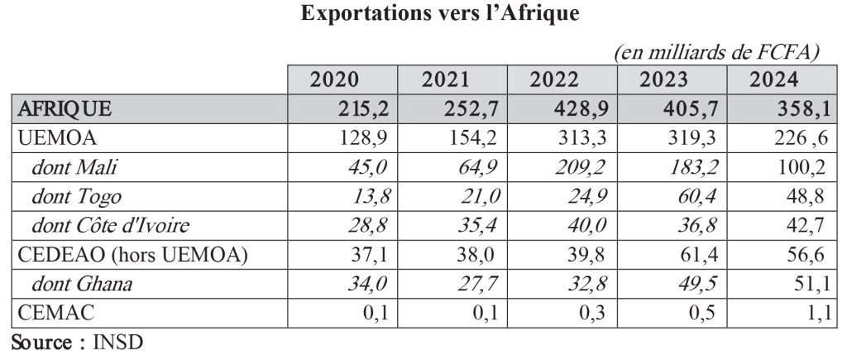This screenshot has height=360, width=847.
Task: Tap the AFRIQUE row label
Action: [65, 108]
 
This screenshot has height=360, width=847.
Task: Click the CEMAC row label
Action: [51, 314]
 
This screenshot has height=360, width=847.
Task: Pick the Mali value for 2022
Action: [580, 168]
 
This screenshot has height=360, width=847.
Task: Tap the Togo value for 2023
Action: [691, 197]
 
